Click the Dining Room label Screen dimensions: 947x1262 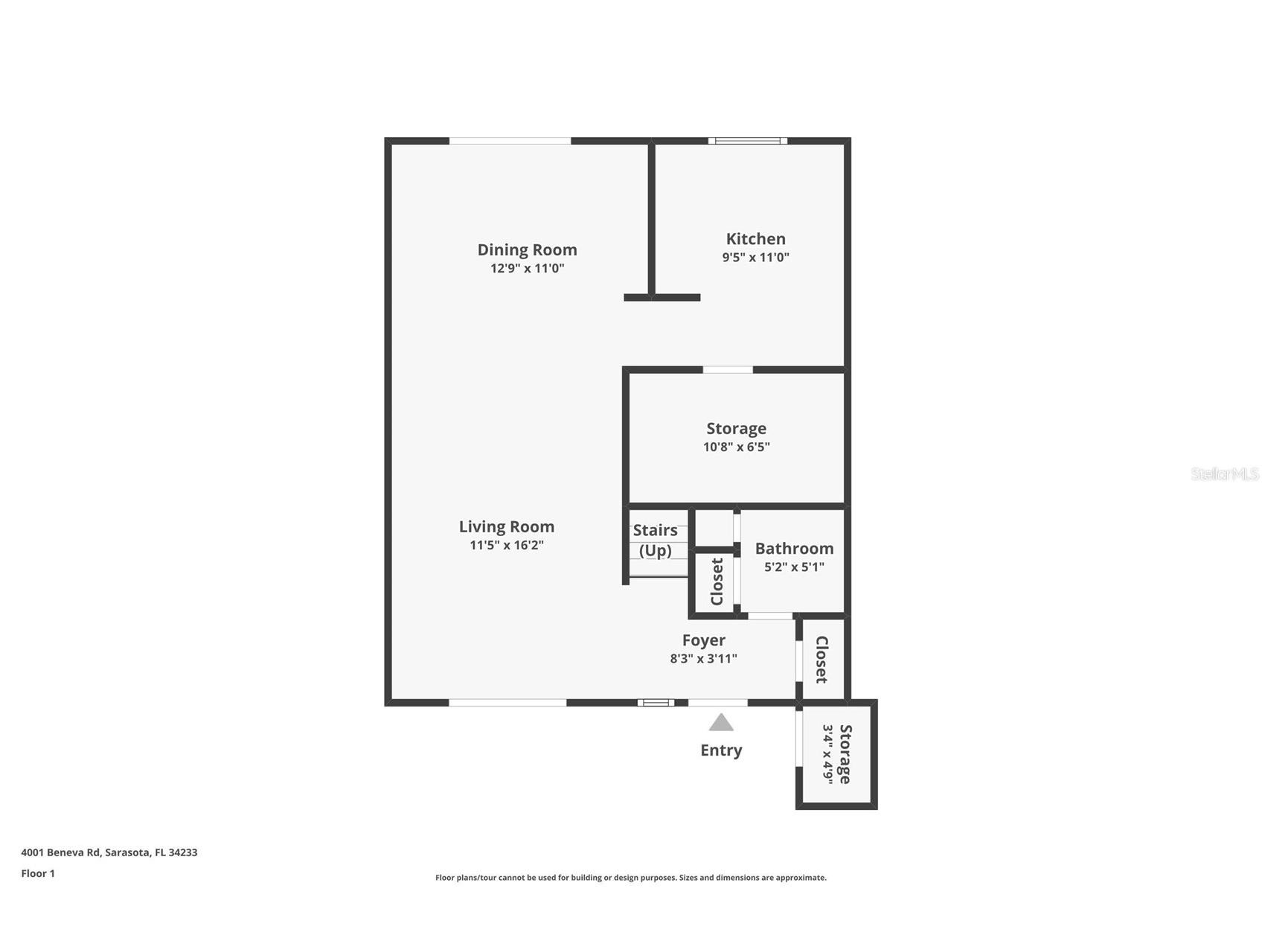(527, 249)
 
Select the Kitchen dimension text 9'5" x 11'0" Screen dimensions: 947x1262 (755, 258)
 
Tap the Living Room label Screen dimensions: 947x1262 (506, 526)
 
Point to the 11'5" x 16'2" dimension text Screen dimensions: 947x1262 (506, 545)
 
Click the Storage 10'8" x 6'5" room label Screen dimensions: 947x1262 (736, 429)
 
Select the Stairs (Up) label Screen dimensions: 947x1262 (655, 540)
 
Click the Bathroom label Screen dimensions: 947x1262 (794, 548)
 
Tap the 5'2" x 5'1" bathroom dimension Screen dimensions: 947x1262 (794, 567)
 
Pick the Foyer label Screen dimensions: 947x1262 (703, 640)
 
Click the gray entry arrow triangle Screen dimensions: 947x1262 (720, 723)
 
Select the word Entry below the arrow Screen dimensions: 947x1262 (720, 750)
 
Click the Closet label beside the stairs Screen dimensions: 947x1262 (717, 581)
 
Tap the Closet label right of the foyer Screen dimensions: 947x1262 (821, 659)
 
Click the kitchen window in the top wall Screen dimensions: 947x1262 (747, 141)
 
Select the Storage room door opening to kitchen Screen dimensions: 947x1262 (727, 369)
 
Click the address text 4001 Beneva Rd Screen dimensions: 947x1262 (109, 852)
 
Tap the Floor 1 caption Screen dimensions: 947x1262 (38, 873)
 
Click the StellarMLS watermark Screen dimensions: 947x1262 (1224, 473)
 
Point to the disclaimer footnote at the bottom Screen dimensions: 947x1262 (630, 878)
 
